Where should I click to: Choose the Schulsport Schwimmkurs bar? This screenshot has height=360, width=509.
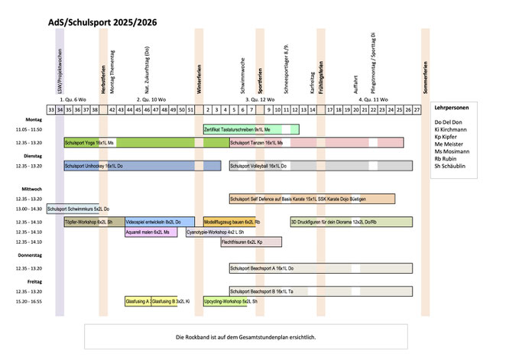(78, 209)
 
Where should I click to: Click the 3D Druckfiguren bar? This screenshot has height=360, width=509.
(351, 222)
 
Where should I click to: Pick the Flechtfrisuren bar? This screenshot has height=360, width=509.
(251, 242)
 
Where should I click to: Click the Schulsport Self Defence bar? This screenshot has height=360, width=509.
(312, 199)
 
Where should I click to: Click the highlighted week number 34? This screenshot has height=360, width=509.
(60, 109)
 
